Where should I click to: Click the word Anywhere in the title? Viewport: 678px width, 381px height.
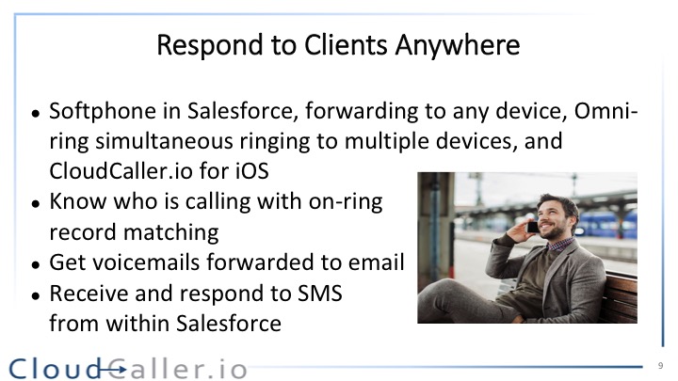coord(457,45)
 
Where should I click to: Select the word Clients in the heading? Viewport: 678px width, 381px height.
coord(345,44)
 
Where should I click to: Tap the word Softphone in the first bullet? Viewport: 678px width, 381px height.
coord(103,111)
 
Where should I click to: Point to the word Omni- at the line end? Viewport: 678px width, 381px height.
coord(605,111)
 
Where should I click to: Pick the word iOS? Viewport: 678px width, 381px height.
coord(252,170)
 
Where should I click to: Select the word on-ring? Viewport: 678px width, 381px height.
coord(346,201)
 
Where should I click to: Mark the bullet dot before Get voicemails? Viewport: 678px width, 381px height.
coord(36,264)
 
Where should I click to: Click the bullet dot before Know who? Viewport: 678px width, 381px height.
coord(36,204)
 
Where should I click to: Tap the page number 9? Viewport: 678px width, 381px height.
coord(660,366)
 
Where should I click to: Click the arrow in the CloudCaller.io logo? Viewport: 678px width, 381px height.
coord(112,370)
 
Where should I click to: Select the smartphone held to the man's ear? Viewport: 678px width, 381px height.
coord(533,227)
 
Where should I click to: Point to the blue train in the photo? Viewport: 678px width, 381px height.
coord(606,224)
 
